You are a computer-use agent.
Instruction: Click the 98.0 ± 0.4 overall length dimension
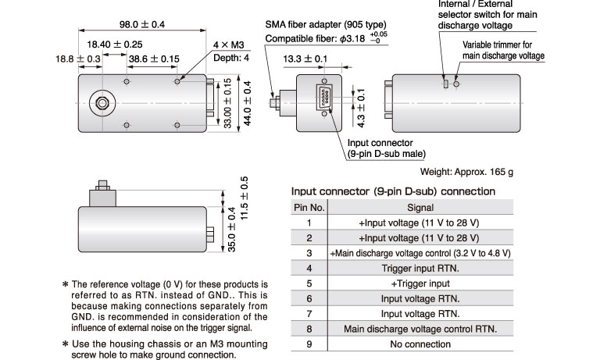(x=142, y=24)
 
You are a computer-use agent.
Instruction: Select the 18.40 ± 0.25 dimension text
(x=114, y=45)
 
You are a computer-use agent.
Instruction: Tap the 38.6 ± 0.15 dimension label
(x=154, y=59)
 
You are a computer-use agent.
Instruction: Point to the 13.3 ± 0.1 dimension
(x=305, y=59)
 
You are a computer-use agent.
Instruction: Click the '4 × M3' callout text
(x=228, y=45)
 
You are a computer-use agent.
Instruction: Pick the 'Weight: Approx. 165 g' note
(x=466, y=172)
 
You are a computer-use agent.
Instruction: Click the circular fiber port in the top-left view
(x=102, y=103)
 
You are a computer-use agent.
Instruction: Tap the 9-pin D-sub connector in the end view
(x=324, y=98)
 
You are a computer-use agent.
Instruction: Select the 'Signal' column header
(x=420, y=208)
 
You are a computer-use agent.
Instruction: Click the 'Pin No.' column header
(x=309, y=208)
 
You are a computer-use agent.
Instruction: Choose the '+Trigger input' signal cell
(x=420, y=283)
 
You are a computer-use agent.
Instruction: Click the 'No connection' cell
(x=420, y=344)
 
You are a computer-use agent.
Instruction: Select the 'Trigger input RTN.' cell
(x=420, y=268)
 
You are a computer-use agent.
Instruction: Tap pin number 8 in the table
(x=309, y=329)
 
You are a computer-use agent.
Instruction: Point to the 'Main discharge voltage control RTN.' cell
(x=420, y=329)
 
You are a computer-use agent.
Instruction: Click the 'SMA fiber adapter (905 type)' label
(x=326, y=25)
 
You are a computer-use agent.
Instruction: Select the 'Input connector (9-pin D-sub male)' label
(x=386, y=148)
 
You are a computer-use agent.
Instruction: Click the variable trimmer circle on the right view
(x=456, y=84)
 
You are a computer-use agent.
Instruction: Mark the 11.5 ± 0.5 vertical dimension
(x=244, y=198)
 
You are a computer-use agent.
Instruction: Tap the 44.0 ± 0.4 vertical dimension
(x=247, y=103)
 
